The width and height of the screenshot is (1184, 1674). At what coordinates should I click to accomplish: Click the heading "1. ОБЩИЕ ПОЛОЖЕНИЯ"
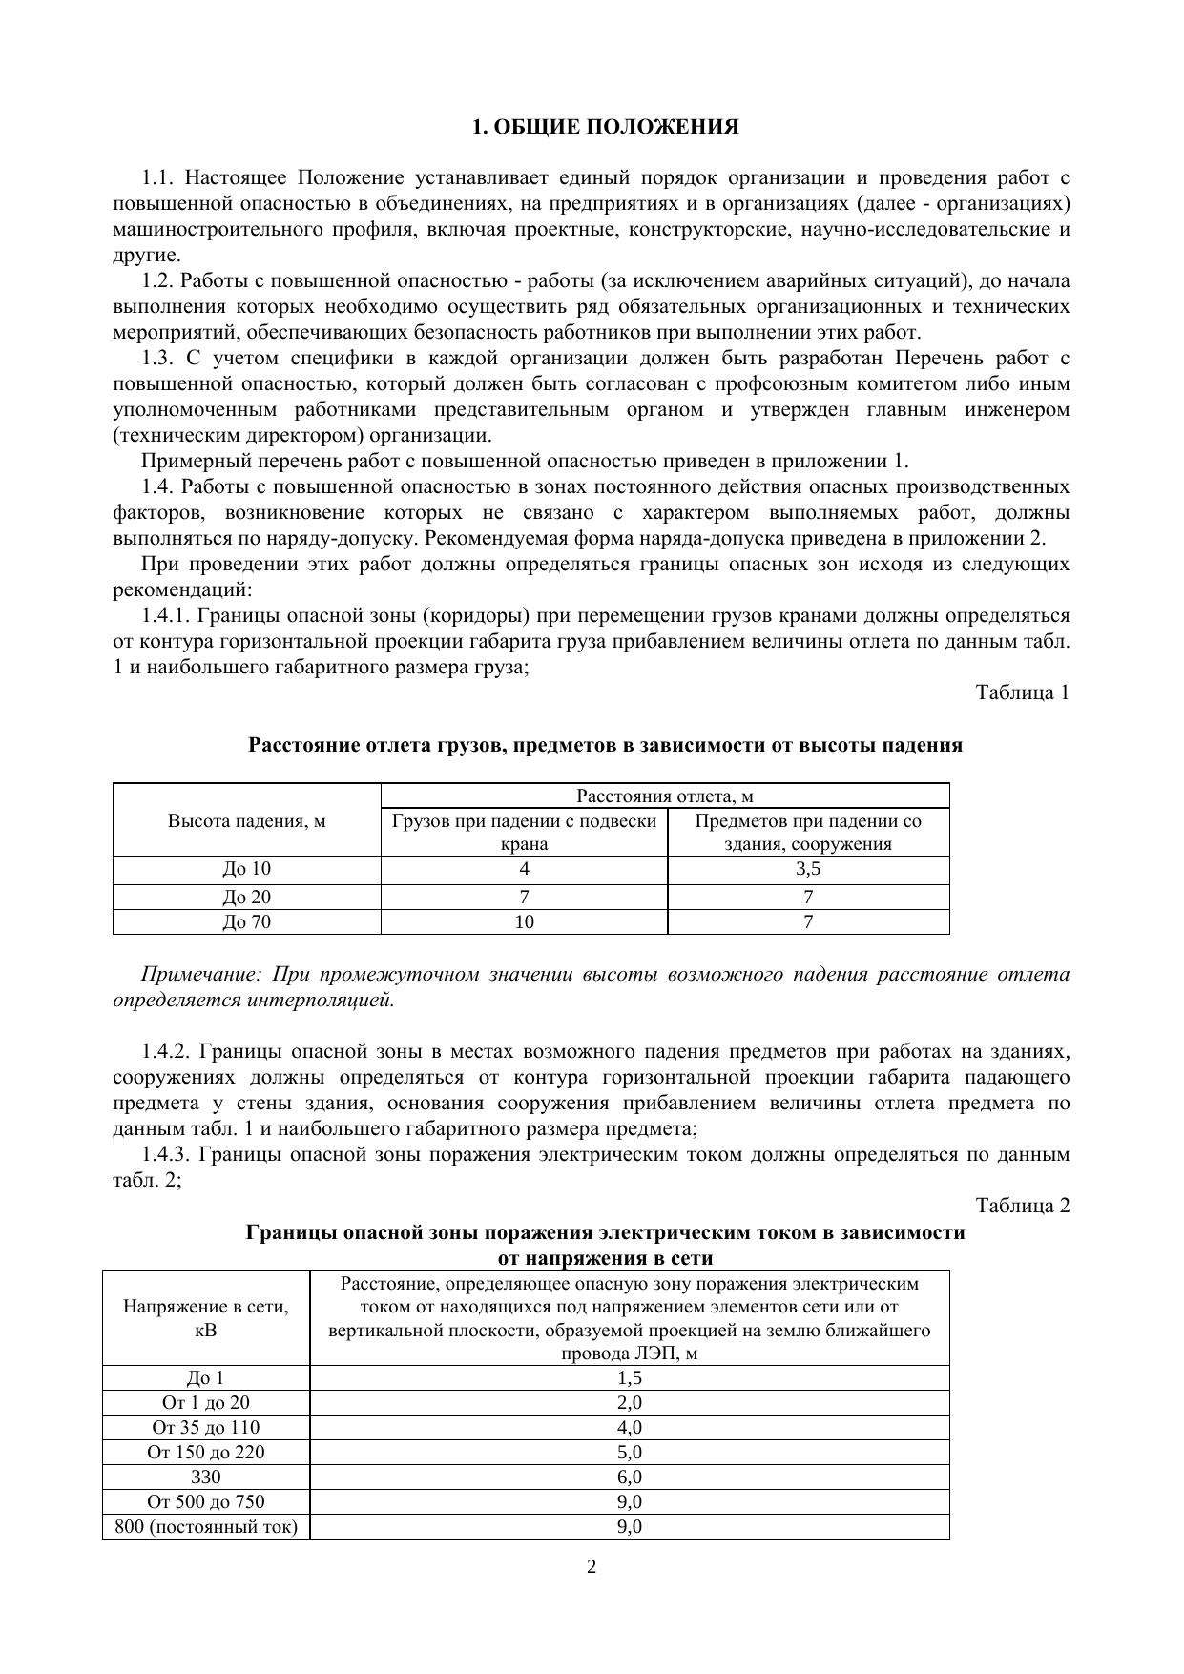(x=606, y=127)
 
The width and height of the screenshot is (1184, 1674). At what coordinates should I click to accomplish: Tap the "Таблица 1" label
(x=1022, y=692)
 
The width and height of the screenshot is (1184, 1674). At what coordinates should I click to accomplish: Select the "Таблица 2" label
(x=1022, y=1206)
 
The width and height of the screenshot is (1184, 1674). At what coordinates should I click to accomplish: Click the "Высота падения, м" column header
(x=247, y=820)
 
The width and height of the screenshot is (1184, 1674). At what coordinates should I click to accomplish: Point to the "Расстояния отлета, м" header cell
(x=665, y=796)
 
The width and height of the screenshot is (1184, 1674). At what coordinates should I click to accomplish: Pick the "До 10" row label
(x=247, y=869)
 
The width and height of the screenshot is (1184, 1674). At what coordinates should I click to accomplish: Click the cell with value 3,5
(x=808, y=869)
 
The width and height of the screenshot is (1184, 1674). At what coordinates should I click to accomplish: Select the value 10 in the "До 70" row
(x=524, y=921)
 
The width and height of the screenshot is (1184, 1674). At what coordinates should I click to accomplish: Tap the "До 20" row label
(x=247, y=897)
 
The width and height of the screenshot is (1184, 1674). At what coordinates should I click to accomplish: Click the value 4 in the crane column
(x=524, y=869)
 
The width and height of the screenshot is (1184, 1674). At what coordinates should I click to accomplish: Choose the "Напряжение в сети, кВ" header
(x=206, y=1317)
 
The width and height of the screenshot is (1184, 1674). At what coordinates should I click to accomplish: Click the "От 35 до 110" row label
(x=206, y=1427)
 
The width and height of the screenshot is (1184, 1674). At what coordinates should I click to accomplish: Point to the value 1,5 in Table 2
(x=630, y=1377)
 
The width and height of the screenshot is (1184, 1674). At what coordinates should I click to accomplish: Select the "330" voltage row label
(x=206, y=1477)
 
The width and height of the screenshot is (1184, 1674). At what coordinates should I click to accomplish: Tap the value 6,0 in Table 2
(x=630, y=1477)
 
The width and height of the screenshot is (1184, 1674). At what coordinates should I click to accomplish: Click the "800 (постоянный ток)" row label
(x=206, y=1526)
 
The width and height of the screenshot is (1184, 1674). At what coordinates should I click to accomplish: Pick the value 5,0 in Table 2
(x=630, y=1452)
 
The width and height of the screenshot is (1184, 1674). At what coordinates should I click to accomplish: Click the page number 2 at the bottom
(x=592, y=1566)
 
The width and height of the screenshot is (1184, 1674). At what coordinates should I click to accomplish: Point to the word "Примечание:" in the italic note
(x=200, y=975)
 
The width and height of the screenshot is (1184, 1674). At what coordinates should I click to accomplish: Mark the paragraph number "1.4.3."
(x=168, y=1155)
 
